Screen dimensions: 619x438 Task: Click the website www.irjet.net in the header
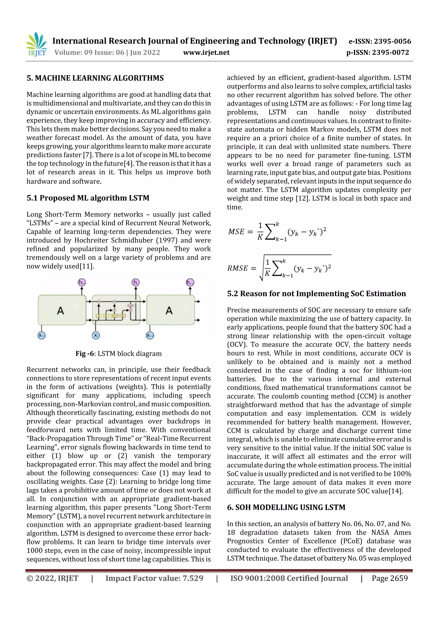(x=206, y=53)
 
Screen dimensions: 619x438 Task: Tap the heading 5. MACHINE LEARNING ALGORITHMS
(x=95, y=78)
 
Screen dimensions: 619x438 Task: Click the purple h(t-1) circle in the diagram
(x=81, y=282)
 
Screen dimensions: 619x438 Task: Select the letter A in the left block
(x=61, y=311)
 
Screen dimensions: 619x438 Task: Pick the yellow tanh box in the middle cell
(x=114, y=315)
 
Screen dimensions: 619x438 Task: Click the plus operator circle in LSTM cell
(x=114, y=301)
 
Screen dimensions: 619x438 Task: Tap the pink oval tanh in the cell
(x=131, y=306)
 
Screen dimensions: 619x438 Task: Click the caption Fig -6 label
(x=85, y=353)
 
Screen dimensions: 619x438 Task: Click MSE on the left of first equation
(x=236, y=232)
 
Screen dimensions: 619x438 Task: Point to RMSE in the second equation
(x=237, y=268)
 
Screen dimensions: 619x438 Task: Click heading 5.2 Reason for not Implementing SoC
(x=316, y=294)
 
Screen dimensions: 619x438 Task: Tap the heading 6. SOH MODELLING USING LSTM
(x=286, y=507)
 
